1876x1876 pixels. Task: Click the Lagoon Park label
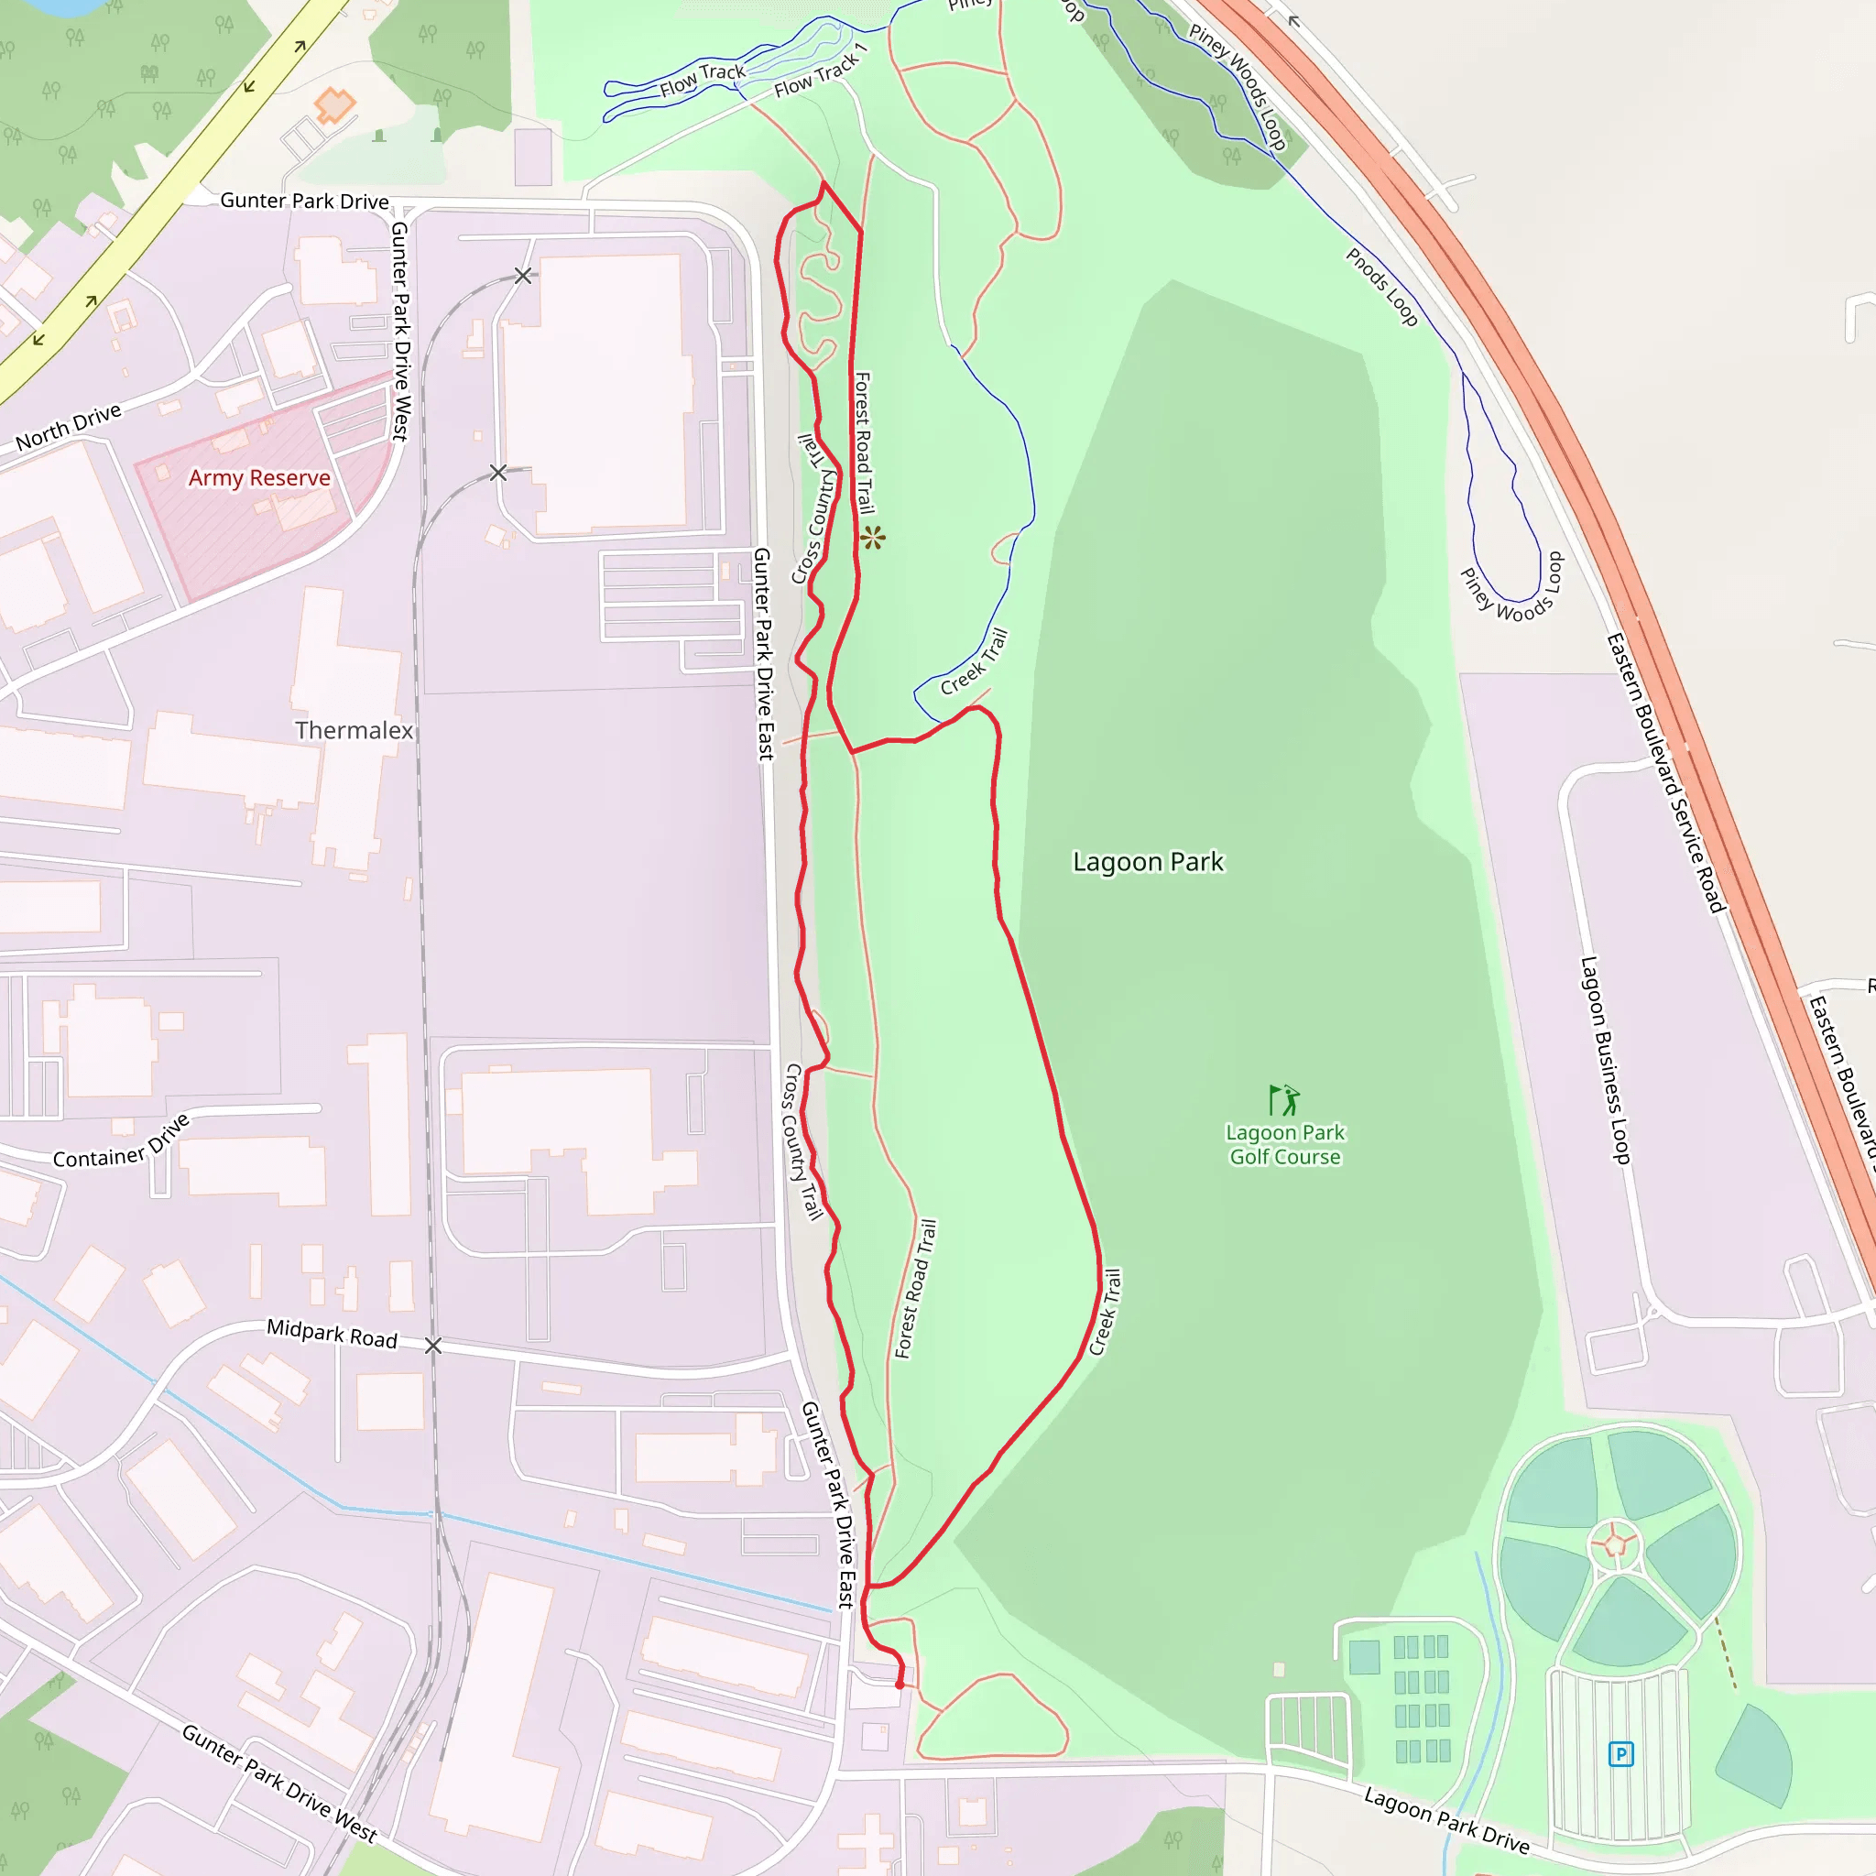pos(1148,862)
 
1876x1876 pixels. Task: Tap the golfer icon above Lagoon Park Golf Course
pos(1283,1099)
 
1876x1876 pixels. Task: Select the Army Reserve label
pos(259,478)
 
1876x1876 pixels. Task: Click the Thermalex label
pos(354,730)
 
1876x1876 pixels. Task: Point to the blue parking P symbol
pos(1620,1754)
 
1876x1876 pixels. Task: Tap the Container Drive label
pos(122,1145)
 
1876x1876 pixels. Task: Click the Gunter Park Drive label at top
pos(304,201)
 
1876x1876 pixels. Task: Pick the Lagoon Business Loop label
pos(1605,1060)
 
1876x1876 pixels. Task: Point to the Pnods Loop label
pos(1380,287)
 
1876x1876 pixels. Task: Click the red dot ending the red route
pos(900,1685)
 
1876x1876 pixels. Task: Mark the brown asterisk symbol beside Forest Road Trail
pos(873,537)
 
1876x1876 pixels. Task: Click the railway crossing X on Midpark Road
pos(433,1345)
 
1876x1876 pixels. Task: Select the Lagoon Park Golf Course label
pos(1284,1145)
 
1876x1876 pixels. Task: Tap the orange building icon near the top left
pos(335,104)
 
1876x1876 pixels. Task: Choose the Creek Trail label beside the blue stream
pos(975,661)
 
